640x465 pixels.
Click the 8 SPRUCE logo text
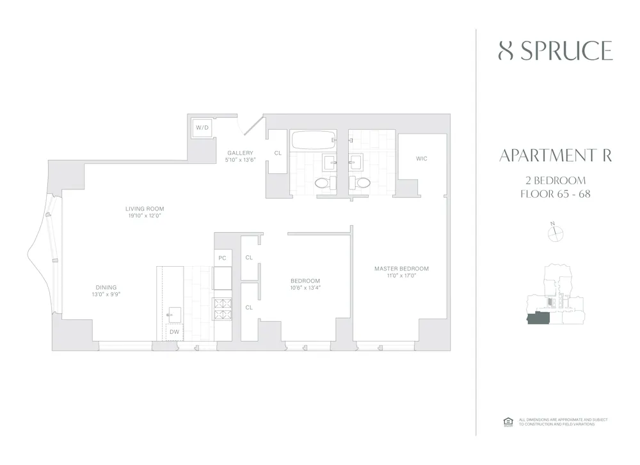coord(556,51)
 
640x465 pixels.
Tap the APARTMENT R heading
coord(555,155)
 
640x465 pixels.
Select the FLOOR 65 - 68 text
coord(555,194)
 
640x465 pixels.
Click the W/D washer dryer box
coord(202,128)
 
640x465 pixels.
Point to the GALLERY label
coord(240,153)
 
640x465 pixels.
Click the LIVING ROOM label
coord(145,209)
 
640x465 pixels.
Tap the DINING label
coord(106,287)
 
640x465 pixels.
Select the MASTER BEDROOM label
coord(401,269)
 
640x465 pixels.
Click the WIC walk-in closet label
coord(421,159)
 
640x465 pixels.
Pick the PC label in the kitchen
coord(222,258)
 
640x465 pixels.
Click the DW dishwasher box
coord(174,332)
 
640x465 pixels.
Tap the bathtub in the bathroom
coord(313,140)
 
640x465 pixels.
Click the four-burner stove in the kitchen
coord(222,309)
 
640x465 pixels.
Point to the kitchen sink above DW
coord(173,314)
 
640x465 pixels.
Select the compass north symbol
coord(554,233)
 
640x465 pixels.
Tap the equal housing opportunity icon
coord(508,422)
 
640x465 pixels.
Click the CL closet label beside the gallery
coord(278,154)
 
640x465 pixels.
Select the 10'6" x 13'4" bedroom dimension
coord(305,288)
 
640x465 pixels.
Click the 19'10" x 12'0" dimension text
coord(145,216)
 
